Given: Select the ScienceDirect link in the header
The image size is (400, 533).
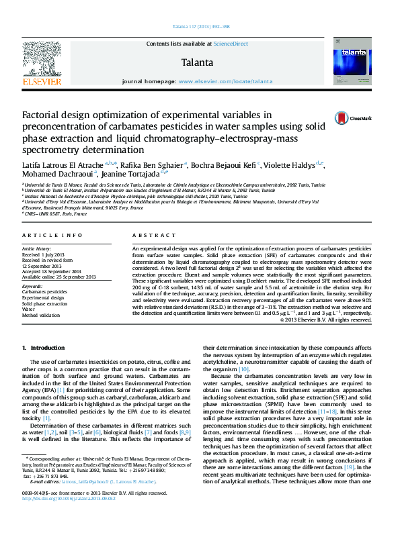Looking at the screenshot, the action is tap(231, 44).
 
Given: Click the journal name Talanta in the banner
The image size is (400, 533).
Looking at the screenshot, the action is tap(197, 63).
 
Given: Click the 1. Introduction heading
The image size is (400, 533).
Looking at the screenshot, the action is tap(44, 348).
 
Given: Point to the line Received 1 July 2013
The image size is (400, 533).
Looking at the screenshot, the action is tap(46, 255).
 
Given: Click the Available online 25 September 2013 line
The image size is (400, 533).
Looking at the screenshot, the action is tap(59, 277).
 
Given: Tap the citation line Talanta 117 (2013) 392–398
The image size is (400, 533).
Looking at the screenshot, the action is tap(201, 27).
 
